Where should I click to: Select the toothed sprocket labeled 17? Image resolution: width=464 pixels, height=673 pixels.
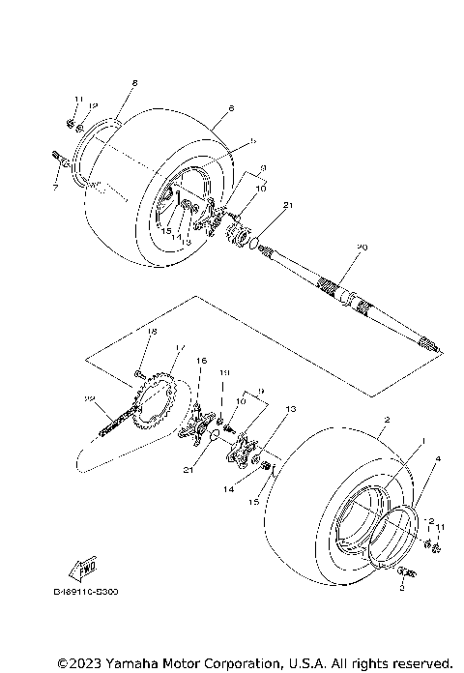click(154, 402)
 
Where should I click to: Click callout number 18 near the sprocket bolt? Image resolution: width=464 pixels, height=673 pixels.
click(151, 332)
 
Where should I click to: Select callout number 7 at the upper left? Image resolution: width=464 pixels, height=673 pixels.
click(56, 187)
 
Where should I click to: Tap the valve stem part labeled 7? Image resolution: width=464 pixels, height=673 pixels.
click(60, 161)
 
